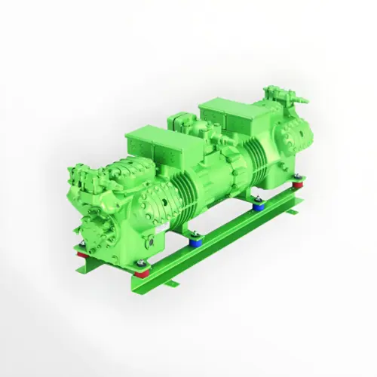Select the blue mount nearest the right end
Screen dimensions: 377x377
point(258,202)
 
